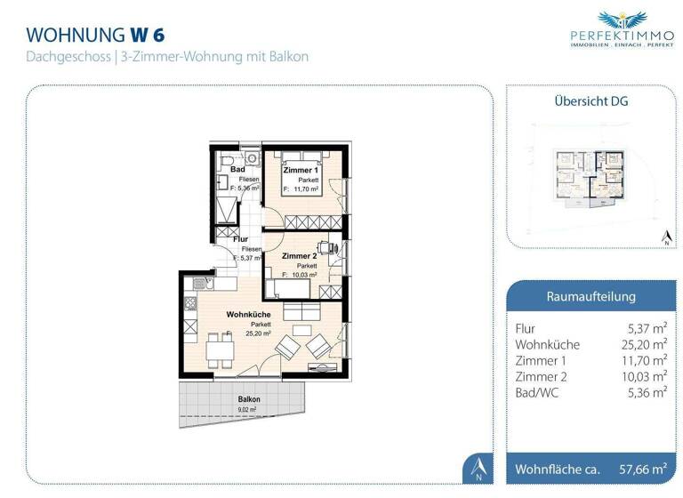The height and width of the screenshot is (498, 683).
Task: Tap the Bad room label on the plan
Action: [237, 169]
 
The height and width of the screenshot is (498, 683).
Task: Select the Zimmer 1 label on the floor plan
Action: [300, 170]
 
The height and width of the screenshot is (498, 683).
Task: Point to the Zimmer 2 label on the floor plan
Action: [299, 256]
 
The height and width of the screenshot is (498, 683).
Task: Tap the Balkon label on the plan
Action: [249, 399]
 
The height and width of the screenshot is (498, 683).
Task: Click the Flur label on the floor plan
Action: [240, 239]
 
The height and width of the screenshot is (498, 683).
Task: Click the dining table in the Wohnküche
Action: [221, 351]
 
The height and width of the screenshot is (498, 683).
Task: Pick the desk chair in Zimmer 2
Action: [326, 248]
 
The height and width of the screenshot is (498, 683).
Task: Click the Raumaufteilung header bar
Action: [590, 296]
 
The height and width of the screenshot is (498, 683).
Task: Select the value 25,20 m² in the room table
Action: [647, 344]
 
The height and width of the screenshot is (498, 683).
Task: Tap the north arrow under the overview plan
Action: [664, 237]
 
